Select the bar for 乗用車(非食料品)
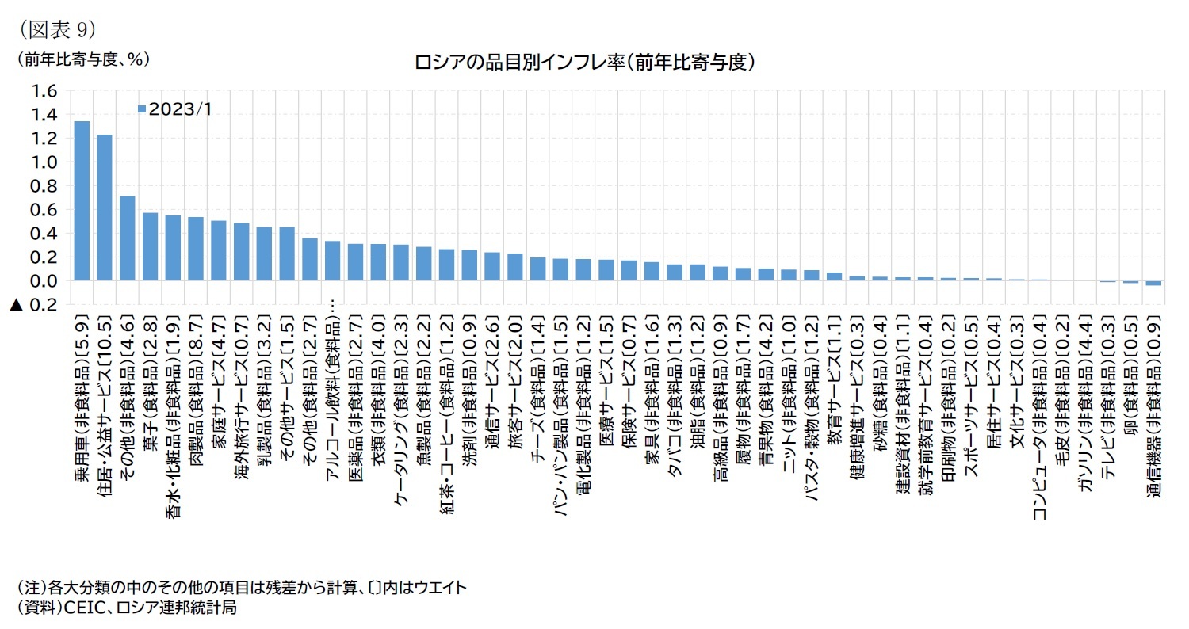81,200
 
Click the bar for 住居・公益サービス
105,208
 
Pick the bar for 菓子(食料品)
150,246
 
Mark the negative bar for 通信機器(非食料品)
1153,283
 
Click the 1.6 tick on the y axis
44,91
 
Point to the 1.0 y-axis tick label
44,162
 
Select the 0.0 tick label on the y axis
44,281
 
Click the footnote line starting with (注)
242,588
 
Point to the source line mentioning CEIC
127,608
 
